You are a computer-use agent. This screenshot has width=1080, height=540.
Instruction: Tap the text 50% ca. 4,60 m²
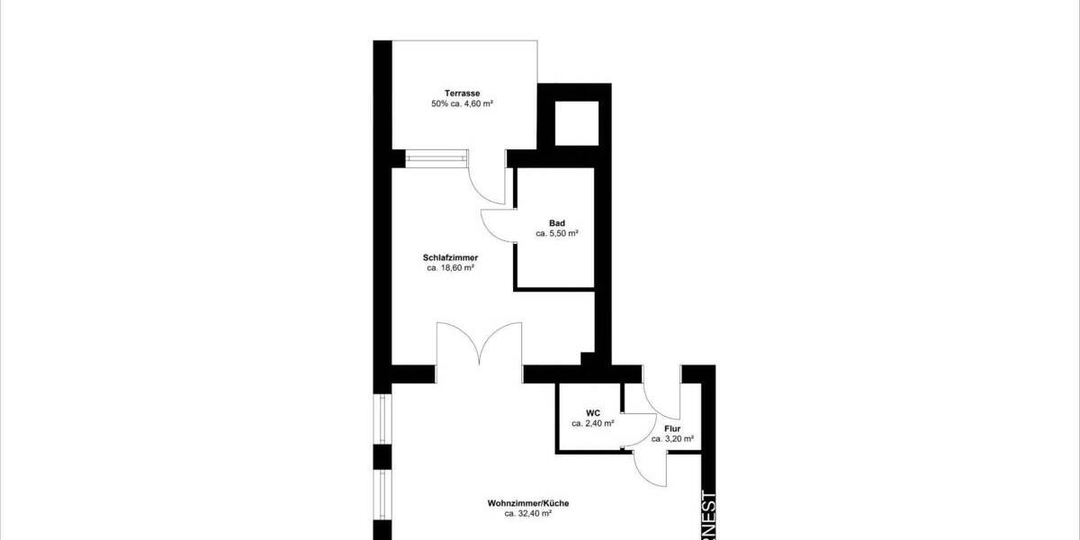[463, 104]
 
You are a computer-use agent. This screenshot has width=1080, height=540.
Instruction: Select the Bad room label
[556, 222]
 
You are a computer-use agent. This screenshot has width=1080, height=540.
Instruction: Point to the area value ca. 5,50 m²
[556, 233]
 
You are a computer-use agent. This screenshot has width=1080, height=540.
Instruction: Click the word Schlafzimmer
[450, 257]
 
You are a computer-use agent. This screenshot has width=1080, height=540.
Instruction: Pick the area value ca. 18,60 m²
[450, 268]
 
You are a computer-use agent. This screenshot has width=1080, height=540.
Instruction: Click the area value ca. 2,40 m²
[593, 422]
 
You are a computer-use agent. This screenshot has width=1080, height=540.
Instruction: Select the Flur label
[671, 429]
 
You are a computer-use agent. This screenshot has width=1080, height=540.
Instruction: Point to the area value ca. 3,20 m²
[672, 440]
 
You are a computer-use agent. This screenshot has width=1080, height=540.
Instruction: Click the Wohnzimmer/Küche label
[527, 503]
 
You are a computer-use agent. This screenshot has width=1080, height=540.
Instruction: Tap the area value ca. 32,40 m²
[527, 514]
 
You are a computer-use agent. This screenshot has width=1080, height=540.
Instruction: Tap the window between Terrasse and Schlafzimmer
[437, 159]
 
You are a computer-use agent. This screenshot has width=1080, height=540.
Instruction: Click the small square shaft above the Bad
[575, 123]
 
